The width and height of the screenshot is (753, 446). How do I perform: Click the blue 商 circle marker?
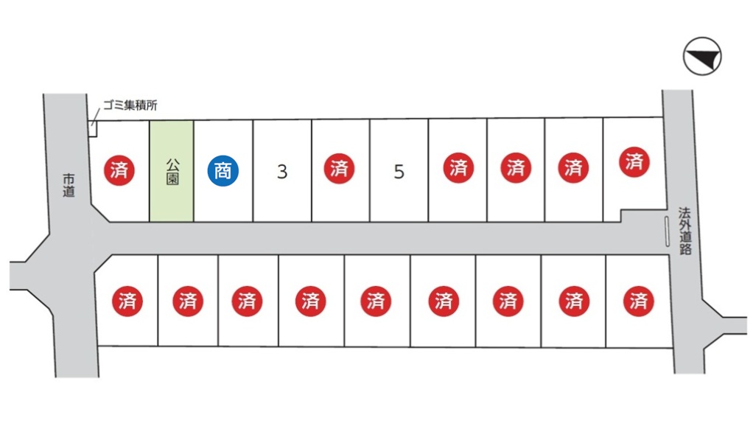coord(223,170)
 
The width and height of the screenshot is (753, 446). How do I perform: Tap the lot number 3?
coord(282,172)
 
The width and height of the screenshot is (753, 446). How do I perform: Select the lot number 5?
coord(399,172)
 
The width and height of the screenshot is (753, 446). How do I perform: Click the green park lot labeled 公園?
coord(172,170)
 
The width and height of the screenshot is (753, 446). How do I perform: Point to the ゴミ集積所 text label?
coord(130,105)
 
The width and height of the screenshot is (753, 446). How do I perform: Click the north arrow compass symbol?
coord(701,57)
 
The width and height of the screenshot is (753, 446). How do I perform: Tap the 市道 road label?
coord(69,185)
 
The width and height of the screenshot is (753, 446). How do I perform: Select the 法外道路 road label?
coord(684,230)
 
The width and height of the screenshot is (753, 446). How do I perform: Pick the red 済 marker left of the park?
coord(119,170)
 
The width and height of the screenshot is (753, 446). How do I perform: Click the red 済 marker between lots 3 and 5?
coord(339,169)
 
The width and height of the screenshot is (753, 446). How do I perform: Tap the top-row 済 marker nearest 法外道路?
coord(634,161)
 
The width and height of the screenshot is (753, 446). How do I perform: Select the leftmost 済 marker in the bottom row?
coord(127,301)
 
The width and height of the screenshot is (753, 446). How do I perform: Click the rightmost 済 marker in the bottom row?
coord(638,301)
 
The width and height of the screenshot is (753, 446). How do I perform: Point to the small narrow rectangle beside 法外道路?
coord(667,231)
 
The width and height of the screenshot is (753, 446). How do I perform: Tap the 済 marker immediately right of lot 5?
coord(458,169)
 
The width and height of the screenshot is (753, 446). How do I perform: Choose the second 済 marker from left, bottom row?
coord(187,301)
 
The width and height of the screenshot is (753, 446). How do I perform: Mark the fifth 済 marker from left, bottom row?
coord(376,301)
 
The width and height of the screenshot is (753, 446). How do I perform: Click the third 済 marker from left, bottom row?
coord(247,301)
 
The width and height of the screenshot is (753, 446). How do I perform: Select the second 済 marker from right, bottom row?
coord(573,301)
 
